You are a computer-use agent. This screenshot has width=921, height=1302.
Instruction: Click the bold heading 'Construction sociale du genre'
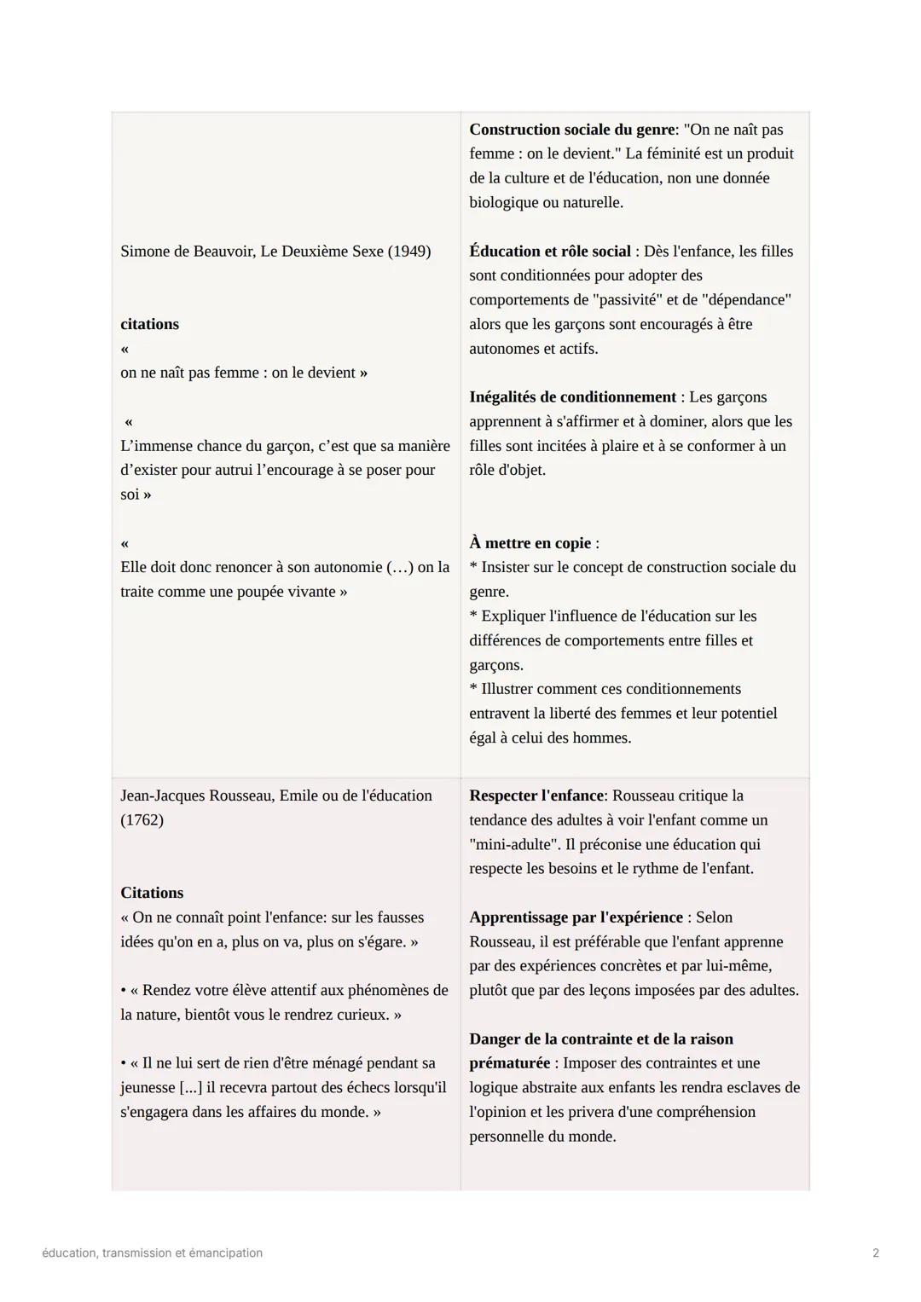tap(571, 130)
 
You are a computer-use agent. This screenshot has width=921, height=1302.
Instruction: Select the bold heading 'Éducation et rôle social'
tap(550, 252)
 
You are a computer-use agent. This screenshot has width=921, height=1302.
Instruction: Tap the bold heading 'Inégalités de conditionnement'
tap(572, 397)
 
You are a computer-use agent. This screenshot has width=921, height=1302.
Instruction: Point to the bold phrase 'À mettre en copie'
tap(530, 543)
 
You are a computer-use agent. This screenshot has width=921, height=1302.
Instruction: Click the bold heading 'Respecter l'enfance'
tap(536, 796)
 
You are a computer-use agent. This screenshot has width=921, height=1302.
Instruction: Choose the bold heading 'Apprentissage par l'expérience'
tap(576, 917)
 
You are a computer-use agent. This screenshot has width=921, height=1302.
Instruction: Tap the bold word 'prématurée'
tap(509, 1063)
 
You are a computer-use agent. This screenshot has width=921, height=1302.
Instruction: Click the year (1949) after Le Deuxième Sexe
tap(409, 252)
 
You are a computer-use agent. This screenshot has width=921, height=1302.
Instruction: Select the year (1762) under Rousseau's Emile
tap(142, 820)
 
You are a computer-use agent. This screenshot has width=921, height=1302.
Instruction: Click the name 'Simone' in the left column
tap(145, 252)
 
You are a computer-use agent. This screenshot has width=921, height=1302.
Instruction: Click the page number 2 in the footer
tap(876, 1253)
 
